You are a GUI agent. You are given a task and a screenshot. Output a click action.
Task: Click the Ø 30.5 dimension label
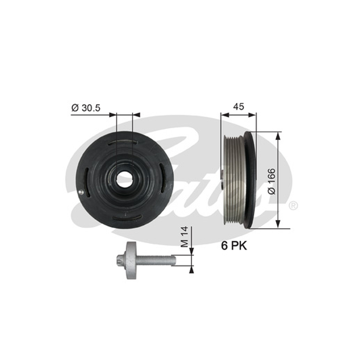86,108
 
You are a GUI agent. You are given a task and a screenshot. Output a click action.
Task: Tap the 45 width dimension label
238,107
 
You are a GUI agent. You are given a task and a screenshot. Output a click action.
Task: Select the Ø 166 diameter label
272,181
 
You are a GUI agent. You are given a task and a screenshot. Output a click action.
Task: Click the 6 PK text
234,246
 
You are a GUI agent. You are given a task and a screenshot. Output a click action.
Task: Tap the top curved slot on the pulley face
122,143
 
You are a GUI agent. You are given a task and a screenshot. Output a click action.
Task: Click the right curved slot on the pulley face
162,178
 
